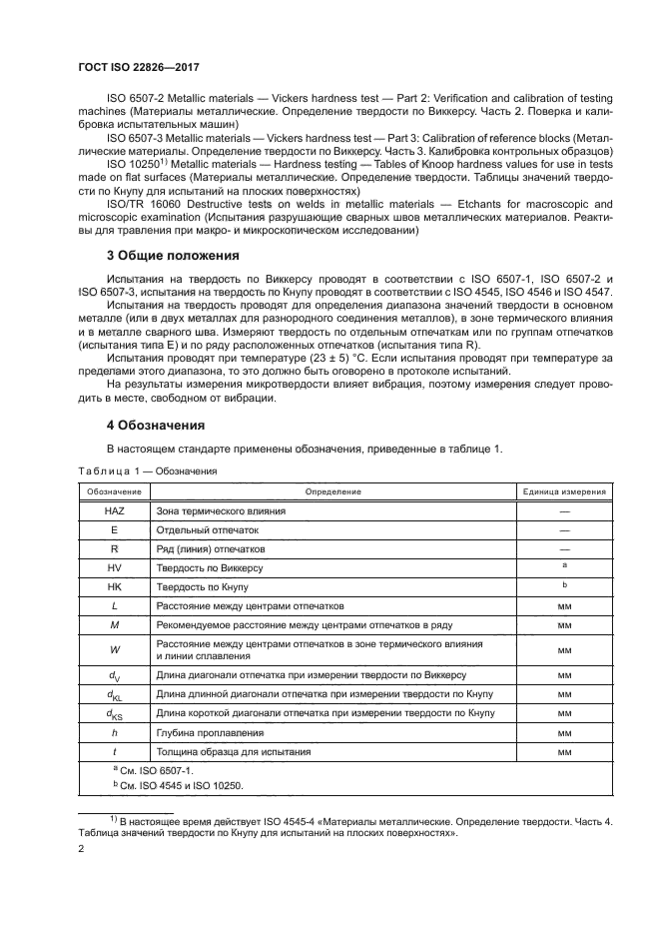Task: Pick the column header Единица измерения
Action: (x=565, y=491)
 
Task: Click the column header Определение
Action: (x=332, y=491)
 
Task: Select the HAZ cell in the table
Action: (x=114, y=510)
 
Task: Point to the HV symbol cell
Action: (x=114, y=567)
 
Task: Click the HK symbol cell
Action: (x=114, y=586)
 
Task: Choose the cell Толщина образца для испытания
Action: (x=233, y=751)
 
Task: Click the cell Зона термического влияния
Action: (x=221, y=510)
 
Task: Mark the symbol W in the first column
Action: (x=114, y=650)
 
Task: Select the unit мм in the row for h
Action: (x=564, y=732)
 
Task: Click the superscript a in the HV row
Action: (x=564, y=565)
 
